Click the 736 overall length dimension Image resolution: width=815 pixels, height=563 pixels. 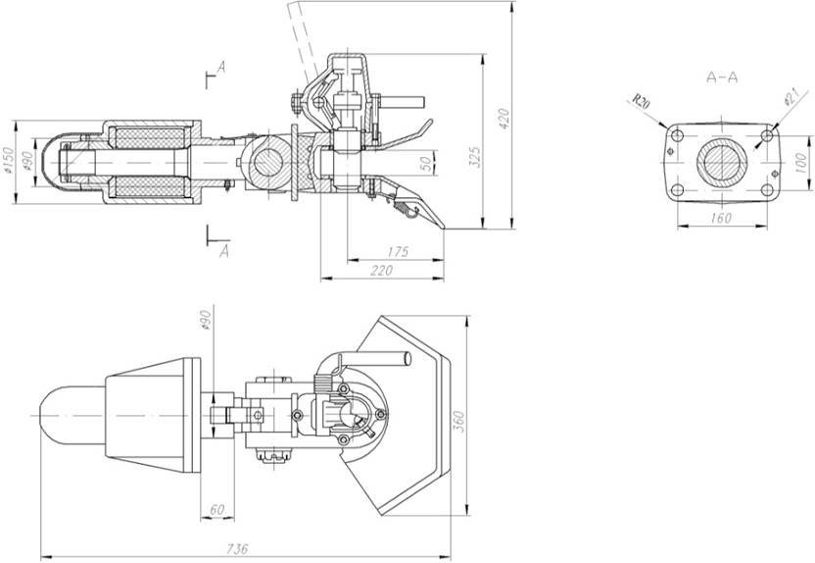237,548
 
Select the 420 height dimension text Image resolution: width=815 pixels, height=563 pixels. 503,119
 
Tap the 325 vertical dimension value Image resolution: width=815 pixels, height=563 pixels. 474,157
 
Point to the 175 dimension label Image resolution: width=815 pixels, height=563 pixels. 398,252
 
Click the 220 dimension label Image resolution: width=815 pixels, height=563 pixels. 382,271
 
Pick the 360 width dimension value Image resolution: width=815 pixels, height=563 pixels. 459,422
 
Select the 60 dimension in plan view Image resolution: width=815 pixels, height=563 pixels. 216,509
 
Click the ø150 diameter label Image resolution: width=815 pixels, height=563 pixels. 8,159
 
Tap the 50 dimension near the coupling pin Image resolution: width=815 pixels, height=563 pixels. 426,164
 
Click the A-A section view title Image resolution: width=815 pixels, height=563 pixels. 722,77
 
